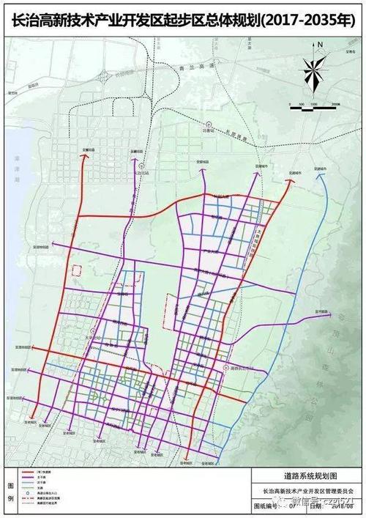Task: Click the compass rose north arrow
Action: point(313,73)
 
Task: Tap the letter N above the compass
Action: point(320,45)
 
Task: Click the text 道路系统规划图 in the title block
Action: point(305,477)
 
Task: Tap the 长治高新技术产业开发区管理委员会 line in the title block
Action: point(305,491)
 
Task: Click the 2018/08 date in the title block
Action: point(343,505)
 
